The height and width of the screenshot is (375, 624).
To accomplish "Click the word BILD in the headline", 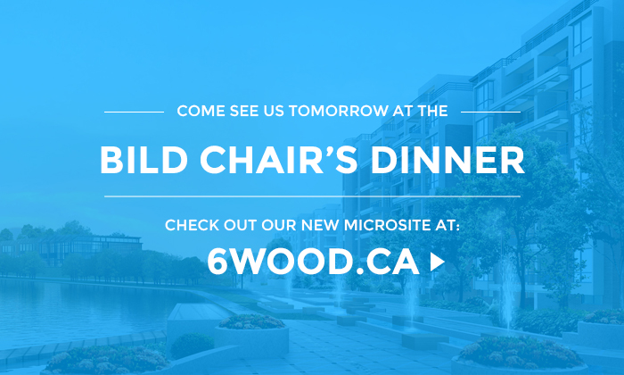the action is click(144, 160).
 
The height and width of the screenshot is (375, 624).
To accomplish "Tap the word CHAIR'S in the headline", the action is click(278, 160).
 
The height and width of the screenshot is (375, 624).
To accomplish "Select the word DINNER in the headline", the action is click(447, 160).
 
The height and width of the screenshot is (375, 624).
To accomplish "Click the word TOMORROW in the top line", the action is click(339, 111).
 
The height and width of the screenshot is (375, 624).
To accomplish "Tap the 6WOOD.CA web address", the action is click(313, 262).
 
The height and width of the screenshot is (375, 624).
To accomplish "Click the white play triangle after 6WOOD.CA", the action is click(437, 262).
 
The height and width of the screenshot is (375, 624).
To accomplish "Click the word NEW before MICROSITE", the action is click(319, 225).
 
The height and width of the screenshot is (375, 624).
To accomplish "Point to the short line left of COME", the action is click(134, 112).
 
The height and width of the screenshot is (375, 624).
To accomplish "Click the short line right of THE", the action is click(490, 112).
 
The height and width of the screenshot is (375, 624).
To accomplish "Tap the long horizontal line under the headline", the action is click(312, 196).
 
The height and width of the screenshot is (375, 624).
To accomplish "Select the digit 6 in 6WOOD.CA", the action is click(218, 262).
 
